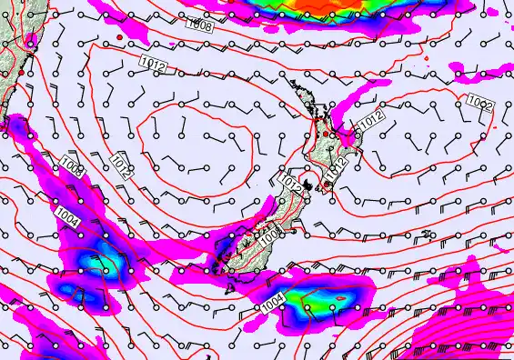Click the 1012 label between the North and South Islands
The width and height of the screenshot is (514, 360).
[x=290, y=184]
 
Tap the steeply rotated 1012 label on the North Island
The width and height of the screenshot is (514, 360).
[x=338, y=167]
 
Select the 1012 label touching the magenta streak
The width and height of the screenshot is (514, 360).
[x=370, y=119]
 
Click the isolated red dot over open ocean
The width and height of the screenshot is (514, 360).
[x=119, y=35]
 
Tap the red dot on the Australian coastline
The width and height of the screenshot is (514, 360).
[x=20, y=72]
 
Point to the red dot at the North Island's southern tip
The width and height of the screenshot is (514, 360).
[x=326, y=183]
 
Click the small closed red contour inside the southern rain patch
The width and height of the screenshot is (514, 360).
[x=343, y=297]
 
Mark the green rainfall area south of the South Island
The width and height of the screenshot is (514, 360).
[x=318, y=301]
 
